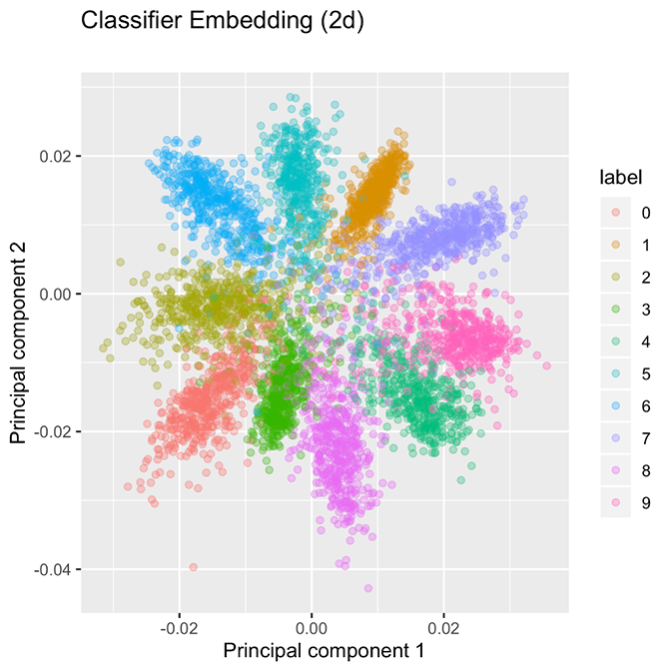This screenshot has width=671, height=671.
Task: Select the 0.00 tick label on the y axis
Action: click(57, 295)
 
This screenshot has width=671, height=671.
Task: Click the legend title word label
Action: click(619, 178)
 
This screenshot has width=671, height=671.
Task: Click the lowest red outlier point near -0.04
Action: click(193, 567)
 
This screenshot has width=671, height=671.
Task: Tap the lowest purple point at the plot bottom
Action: click(368, 588)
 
